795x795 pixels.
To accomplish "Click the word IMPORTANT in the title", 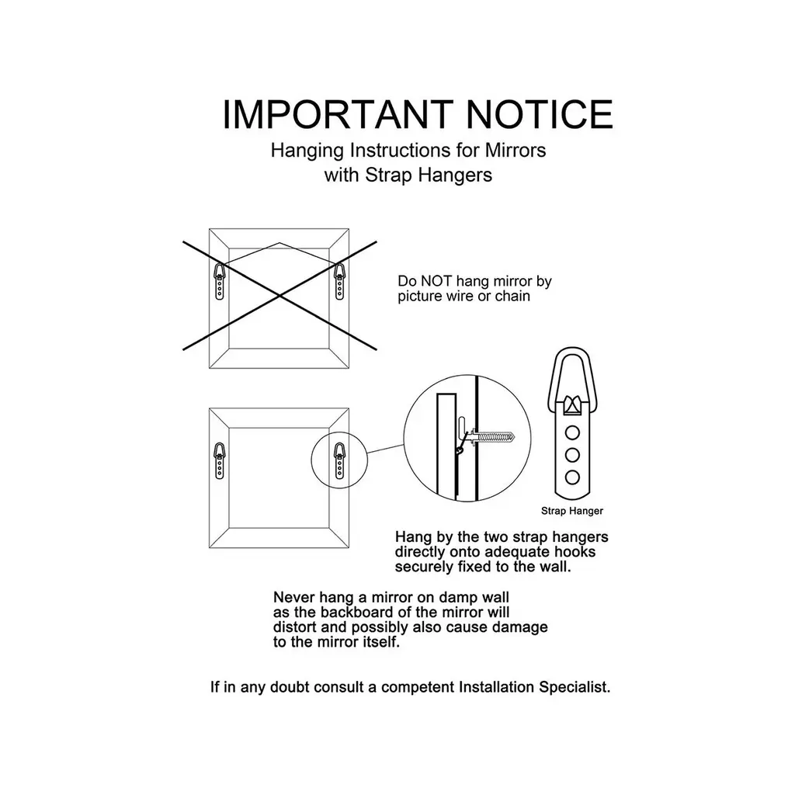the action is [x=338, y=115].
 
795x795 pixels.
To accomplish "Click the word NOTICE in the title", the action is [x=540, y=115].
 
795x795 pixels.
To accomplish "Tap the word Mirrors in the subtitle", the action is [x=516, y=150].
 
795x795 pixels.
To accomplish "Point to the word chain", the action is [x=512, y=296].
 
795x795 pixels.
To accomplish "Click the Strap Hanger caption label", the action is [x=572, y=511].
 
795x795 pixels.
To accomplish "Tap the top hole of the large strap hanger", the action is [x=572, y=433].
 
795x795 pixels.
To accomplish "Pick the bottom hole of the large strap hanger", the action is [x=572, y=477].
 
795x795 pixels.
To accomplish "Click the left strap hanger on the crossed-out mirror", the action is [x=220, y=281].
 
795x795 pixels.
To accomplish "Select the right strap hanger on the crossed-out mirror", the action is [x=339, y=281].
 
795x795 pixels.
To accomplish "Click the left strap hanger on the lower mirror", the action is [x=220, y=460].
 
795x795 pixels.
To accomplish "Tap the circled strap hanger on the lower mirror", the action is [x=339, y=460].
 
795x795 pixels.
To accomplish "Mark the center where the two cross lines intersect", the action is [x=279, y=296].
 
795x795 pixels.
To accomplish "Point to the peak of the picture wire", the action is [x=279, y=243].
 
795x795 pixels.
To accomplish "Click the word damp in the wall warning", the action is [x=459, y=599].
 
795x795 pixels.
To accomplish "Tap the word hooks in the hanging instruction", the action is [x=575, y=552].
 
